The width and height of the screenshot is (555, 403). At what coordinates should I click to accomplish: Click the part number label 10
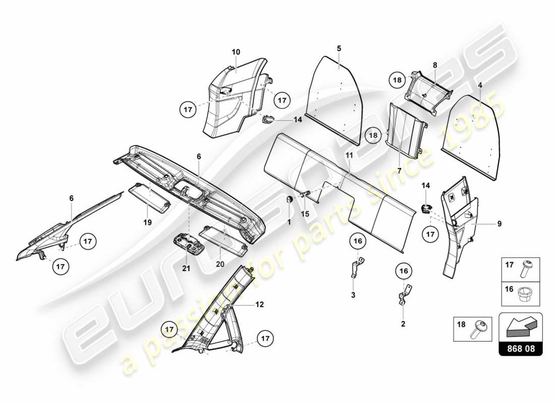236,52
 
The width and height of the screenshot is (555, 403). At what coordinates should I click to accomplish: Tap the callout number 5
339,48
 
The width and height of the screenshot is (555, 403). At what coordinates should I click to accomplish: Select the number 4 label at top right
480,85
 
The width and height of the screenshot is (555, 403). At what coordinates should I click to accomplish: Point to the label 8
434,65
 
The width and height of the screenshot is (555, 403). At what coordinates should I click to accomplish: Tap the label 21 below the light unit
186,268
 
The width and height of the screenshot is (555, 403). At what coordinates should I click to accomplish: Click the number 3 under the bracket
353,294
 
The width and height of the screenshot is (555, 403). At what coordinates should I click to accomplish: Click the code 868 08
520,348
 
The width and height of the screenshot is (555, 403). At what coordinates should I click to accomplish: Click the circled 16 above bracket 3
357,242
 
